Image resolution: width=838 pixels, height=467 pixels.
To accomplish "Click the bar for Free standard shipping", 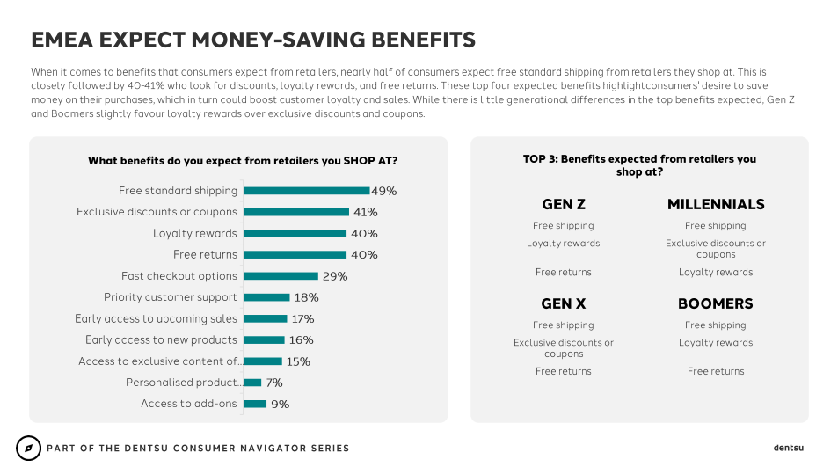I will (x=306, y=191).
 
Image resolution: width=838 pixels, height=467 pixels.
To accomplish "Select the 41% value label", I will (x=365, y=212).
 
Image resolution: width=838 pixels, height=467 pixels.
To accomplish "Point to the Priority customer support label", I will (x=171, y=297).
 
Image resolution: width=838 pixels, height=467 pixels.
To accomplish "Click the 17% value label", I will (x=302, y=319).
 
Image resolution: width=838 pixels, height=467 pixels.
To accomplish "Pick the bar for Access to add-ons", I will (x=255, y=404).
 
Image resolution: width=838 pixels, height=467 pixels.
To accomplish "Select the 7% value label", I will (x=273, y=383).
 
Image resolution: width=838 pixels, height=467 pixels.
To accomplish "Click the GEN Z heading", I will (x=564, y=204).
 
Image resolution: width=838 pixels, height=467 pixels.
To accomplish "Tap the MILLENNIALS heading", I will (x=716, y=204).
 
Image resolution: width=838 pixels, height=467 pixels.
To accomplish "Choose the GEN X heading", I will (x=564, y=303).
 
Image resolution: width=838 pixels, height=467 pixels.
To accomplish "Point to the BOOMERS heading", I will (x=716, y=303).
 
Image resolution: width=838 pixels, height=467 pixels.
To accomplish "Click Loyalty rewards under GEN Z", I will (x=564, y=244).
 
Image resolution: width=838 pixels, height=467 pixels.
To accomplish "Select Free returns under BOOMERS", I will (x=716, y=371).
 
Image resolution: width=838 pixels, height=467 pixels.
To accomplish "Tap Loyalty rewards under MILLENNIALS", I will (x=716, y=272).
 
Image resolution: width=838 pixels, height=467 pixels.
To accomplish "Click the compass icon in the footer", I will (x=28, y=448).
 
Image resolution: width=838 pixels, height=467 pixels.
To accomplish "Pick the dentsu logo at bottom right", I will (x=789, y=448).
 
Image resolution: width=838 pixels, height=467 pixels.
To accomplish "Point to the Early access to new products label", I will (x=161, y=340).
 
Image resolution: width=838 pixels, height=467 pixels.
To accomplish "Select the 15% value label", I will (x=298, y=361).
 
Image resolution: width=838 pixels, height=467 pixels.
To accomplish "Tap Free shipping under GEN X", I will (x=564, y=325).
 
